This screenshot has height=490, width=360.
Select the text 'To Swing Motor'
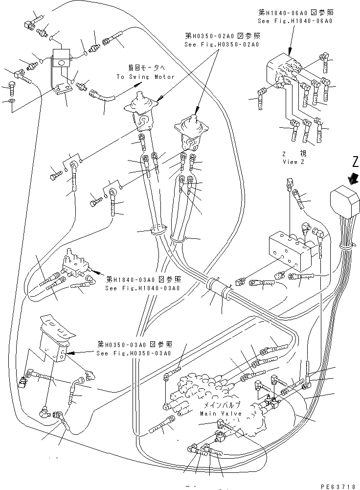(145, 77)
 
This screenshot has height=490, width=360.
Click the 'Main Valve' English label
(220, 413)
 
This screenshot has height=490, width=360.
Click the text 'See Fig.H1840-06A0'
(295, 21)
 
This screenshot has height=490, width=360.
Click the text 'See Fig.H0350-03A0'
(134, 353)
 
